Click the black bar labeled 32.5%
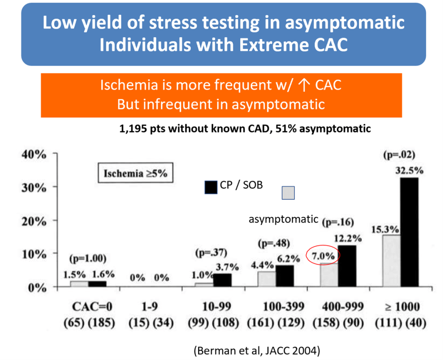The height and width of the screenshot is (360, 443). click(409, 232)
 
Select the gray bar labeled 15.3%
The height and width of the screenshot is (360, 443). click(392, 260)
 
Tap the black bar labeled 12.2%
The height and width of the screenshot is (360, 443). click(347, 266)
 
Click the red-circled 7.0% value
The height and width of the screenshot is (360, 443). click(323, 256)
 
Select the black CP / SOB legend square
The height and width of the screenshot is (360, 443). click(211, 187)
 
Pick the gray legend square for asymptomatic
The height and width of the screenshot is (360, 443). click(288, 193)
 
